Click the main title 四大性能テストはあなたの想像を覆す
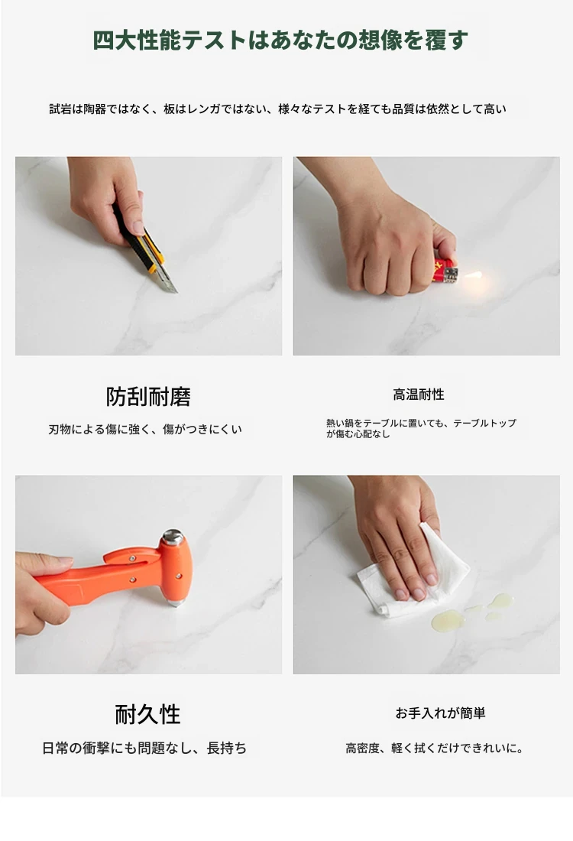pyautogui.click(x=280, y=41)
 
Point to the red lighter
pyautogui.click(x=445, y=271)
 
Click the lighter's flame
pyautogui.click(x=473, y=276)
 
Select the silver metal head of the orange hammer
pyautogui.click(x=173, y=537)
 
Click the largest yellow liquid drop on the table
pyautogui.click(x=447, y=621)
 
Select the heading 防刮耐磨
pyautogui.click(x=148, y=396)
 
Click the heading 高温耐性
pyautogui.click(x=419, y=395)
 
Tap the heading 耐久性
pyautogui.click(x=147, y=714)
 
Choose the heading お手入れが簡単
pyautogui.click(x=440, y=713)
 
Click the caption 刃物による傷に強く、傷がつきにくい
pyautogui.click(x=145, y=429)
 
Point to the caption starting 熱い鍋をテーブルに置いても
pyautogui.click(x=421, y=428)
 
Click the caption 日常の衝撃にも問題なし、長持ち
pyautogui.click(x=144, y=748)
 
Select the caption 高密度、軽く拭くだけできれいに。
pyautogui.click(x=435, y=748)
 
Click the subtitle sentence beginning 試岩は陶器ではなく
pyautogui.click(x=277, y=109)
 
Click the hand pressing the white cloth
pyautogui.click(x=400, y=542)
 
